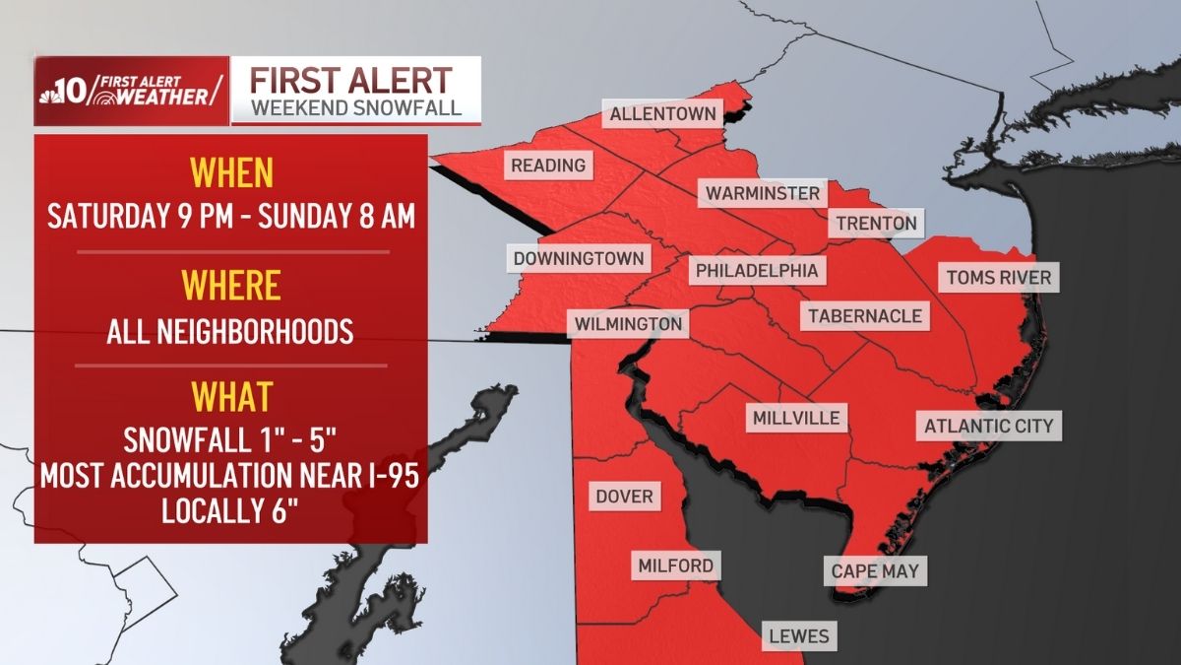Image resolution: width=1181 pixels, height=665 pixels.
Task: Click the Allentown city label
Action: pyautogui.click(x=662, y=114)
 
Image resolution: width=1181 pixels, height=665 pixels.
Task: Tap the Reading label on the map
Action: pyautogui.click(x=548, y=166)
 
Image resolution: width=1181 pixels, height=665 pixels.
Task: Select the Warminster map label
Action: pyautogui.click(x=760, y=193)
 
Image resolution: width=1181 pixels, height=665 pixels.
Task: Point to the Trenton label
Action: pyautogui.click(x=876, y=224)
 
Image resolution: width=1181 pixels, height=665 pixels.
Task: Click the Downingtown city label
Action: pyautogui.click(x=579, y=259)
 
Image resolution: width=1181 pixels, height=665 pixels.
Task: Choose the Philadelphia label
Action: pyautogui.click(x=756, y=270)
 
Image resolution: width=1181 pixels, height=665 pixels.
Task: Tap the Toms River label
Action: pyautogui.click(x=999, y=278)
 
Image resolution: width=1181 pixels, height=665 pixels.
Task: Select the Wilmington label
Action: pyautogui.click(x=628, y=323)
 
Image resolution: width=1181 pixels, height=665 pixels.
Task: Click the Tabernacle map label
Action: pyautogui.click(x=865, y=316)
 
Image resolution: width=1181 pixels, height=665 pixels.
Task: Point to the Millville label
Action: pyautogui.click(x=796, y=418)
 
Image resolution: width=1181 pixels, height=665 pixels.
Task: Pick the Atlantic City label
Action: pyautogui.click(x=988, y=427)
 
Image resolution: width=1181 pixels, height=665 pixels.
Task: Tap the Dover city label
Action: pyautogui.click(x=624, y=496)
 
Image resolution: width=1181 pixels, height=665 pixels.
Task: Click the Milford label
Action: pyautogui.click(x=674, y=566)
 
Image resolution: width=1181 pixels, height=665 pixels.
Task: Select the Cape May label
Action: pyautogui.click(x=874, y=571)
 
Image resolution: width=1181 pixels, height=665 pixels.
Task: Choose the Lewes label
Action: pyautogui.click(x=798, y=636)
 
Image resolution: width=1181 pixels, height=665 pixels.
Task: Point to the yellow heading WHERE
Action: pyautogui.click(x=230, y=286)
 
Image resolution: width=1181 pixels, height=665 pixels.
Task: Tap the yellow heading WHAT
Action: pyautogui.click(x=230, y=397)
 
